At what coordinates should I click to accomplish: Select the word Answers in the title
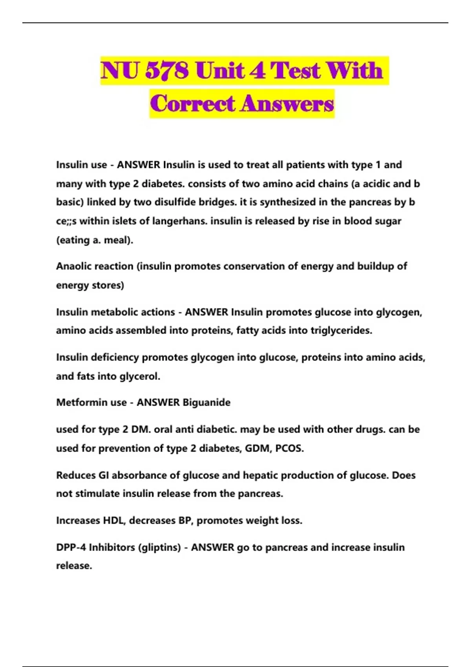287,104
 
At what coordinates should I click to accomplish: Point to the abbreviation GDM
257,448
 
